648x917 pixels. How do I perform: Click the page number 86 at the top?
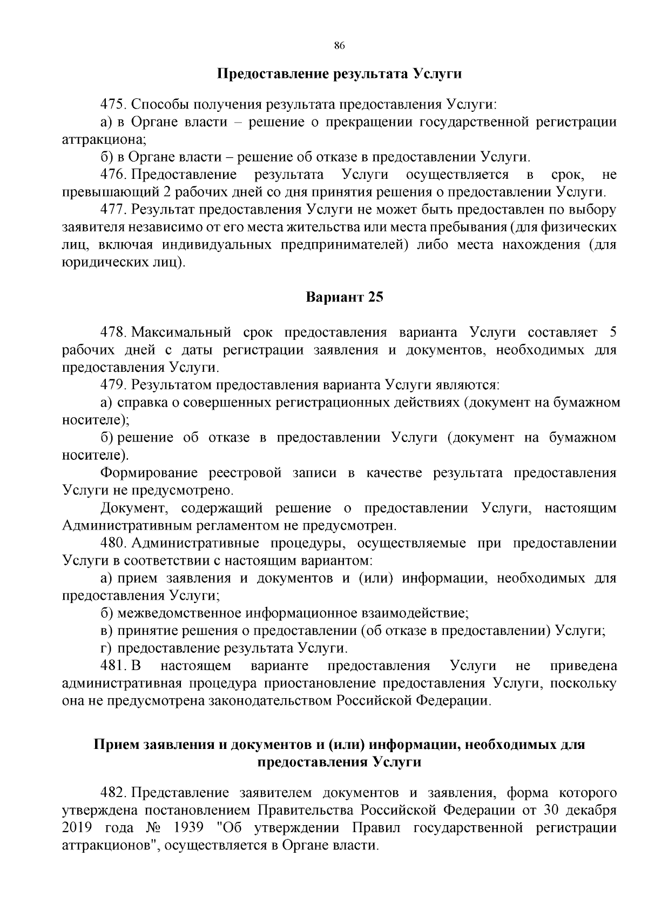pos(340,45)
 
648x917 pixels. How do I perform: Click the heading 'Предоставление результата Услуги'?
pos(340,73)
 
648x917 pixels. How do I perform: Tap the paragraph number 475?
pos(113,104)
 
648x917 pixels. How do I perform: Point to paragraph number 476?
pos(113,175)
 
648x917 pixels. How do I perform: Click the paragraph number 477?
pos(113,210)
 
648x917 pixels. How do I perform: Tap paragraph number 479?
pos(113,385)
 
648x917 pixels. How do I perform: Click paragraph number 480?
pos(113,543)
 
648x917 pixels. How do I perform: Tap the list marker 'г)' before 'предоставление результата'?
pos(106,648)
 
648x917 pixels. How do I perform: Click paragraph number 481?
pos(113,666)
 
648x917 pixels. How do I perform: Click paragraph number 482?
pos(113,793)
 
